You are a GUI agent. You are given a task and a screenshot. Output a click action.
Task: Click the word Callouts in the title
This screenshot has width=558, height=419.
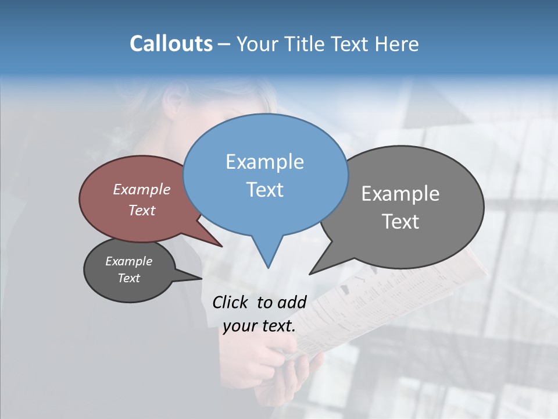pos(171,44)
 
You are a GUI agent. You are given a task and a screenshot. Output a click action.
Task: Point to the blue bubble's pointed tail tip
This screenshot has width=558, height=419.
pos(268,268)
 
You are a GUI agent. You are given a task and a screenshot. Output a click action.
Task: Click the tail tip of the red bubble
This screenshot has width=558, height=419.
pos(222,247)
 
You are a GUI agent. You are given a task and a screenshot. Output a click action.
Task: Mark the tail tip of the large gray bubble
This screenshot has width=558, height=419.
pos(310,274)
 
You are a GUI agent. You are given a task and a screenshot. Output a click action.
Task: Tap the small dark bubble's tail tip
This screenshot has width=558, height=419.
pos(202,279)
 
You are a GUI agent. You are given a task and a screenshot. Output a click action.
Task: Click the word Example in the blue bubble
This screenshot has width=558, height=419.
pos(264,162)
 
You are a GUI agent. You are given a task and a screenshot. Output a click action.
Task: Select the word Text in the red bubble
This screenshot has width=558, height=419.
pos(142,210)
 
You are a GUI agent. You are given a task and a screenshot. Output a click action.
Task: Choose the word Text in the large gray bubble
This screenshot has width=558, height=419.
pos(400,222)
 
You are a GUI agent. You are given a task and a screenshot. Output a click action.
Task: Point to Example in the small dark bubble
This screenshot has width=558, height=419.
pos(128,261)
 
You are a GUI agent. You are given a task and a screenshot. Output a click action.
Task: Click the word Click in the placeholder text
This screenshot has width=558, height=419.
pos(231,302)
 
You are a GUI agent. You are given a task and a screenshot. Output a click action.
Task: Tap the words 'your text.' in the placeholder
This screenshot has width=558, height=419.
pos(259,326)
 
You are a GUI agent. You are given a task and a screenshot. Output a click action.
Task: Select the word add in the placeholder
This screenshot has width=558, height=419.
pos(292,302)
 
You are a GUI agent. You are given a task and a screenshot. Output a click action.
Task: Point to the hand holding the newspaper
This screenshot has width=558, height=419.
pos(279,361)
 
